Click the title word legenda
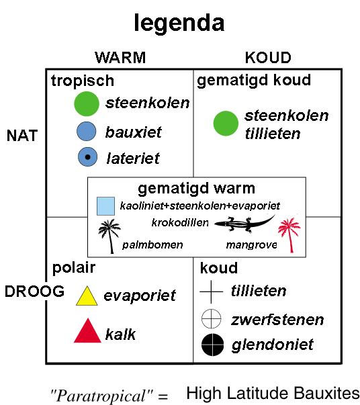(x=179, y=24)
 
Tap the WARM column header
(x=120, y=57)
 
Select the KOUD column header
(x=268, y=57)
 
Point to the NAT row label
(x=22, y=136)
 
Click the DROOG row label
(x=34, y=291)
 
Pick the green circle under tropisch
(x=87, y=104)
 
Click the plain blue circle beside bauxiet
(x=87, y=131)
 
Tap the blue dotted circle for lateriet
(x=87, y=156)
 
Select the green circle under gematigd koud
(x=226, y=124)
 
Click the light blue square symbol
(x=105, y=206)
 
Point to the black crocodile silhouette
(x=244, y=222)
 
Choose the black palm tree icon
(x=109, y=236)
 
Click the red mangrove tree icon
(x=289, y=234)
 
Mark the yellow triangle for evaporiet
(x=87, y=297)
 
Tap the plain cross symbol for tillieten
(x=212, y=291)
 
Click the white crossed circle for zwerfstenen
(x=212, y=318)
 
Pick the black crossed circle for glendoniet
(x=212, y=345)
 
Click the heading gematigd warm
(x=197, y=189)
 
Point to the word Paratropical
(x=101, y=396)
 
